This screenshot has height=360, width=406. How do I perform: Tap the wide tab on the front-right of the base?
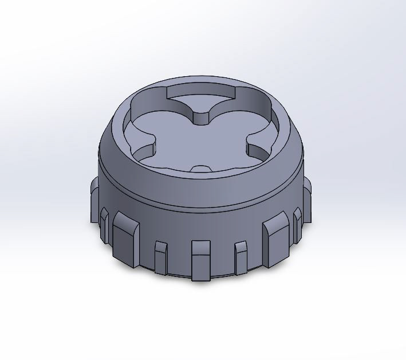pos(275,241)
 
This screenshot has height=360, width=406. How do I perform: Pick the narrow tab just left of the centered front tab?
pos(161,255)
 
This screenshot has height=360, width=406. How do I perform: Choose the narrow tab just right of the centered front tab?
pos(241,255)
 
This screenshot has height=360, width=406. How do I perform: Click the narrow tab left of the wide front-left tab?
pos(104,224)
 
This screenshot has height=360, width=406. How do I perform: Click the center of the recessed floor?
pos(200,140)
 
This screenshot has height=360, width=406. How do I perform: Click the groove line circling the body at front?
pos(200,207)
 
